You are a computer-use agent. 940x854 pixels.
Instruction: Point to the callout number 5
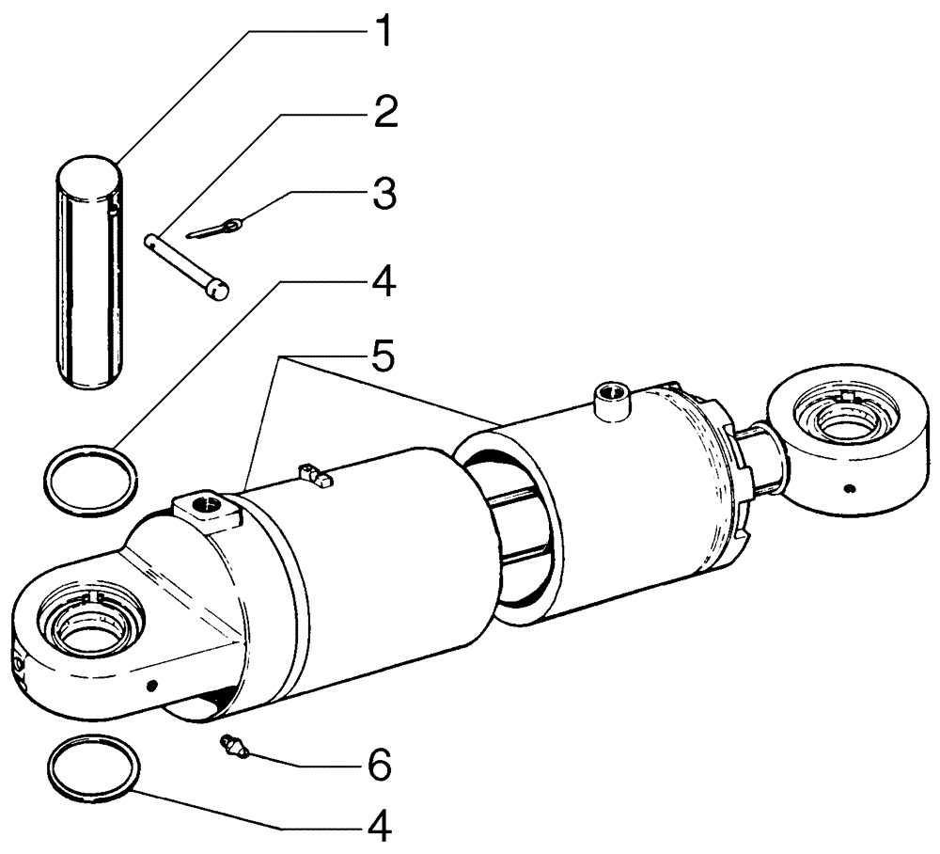(x=380, y=358)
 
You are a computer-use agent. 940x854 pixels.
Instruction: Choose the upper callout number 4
(x=380, y=281)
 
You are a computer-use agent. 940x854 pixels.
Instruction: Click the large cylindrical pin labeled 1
(x=89, y=273)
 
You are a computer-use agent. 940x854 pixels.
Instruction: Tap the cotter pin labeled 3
(x=216, y=229)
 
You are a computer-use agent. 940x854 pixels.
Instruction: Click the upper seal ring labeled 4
(x=90, y=481)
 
